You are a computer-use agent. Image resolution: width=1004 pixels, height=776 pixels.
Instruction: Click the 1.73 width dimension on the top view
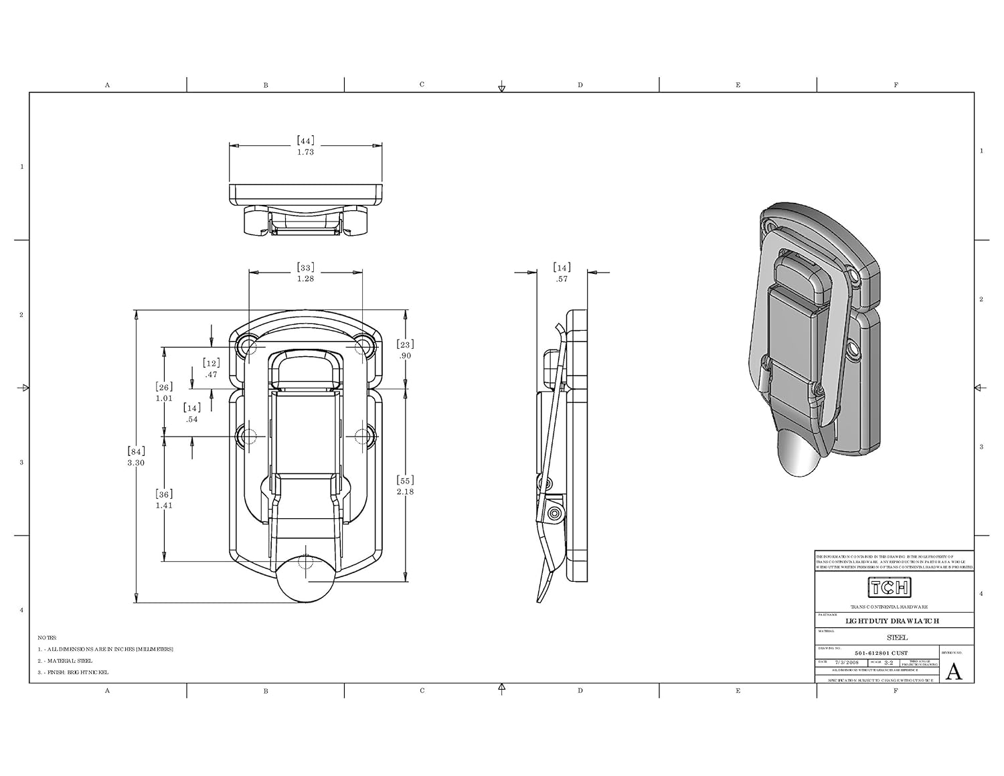[x=305, y=152]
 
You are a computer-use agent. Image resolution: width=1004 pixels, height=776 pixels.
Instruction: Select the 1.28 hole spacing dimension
[x=305, y=279]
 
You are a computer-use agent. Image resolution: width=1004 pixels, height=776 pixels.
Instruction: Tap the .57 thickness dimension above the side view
[x=562, y=279]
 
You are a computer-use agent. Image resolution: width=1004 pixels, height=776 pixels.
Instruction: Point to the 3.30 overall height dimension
[x=136, y=463]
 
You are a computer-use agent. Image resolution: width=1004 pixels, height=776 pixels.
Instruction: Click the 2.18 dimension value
[x=405, y=491]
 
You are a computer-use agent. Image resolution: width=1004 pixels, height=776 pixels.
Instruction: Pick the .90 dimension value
[x=405, y=356]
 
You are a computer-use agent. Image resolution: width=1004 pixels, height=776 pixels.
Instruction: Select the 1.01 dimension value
[x=164, y=398]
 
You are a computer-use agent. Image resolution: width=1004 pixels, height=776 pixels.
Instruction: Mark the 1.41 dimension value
[x=164, y=506]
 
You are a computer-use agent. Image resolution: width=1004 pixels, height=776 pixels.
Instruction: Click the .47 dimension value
[x=212, y=375]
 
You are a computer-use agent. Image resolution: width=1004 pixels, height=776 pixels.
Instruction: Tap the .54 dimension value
[x=192, y=420]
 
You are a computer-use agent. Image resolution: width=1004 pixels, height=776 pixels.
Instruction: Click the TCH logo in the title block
[x=889, y=588]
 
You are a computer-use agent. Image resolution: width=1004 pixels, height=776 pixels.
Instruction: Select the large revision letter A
[x=954, y=671]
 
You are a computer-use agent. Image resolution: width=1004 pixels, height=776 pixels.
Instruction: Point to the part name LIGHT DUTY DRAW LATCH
[x=892, y=621]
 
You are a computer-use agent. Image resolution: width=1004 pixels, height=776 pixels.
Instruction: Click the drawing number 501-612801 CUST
[x=881, y=653]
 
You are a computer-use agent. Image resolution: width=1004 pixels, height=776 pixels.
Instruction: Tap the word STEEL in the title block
[x=897, y=637]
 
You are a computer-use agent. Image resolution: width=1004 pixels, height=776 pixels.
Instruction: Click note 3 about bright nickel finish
[x=73, y=672]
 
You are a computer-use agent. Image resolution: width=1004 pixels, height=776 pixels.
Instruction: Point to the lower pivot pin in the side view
[x=554, y=514]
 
